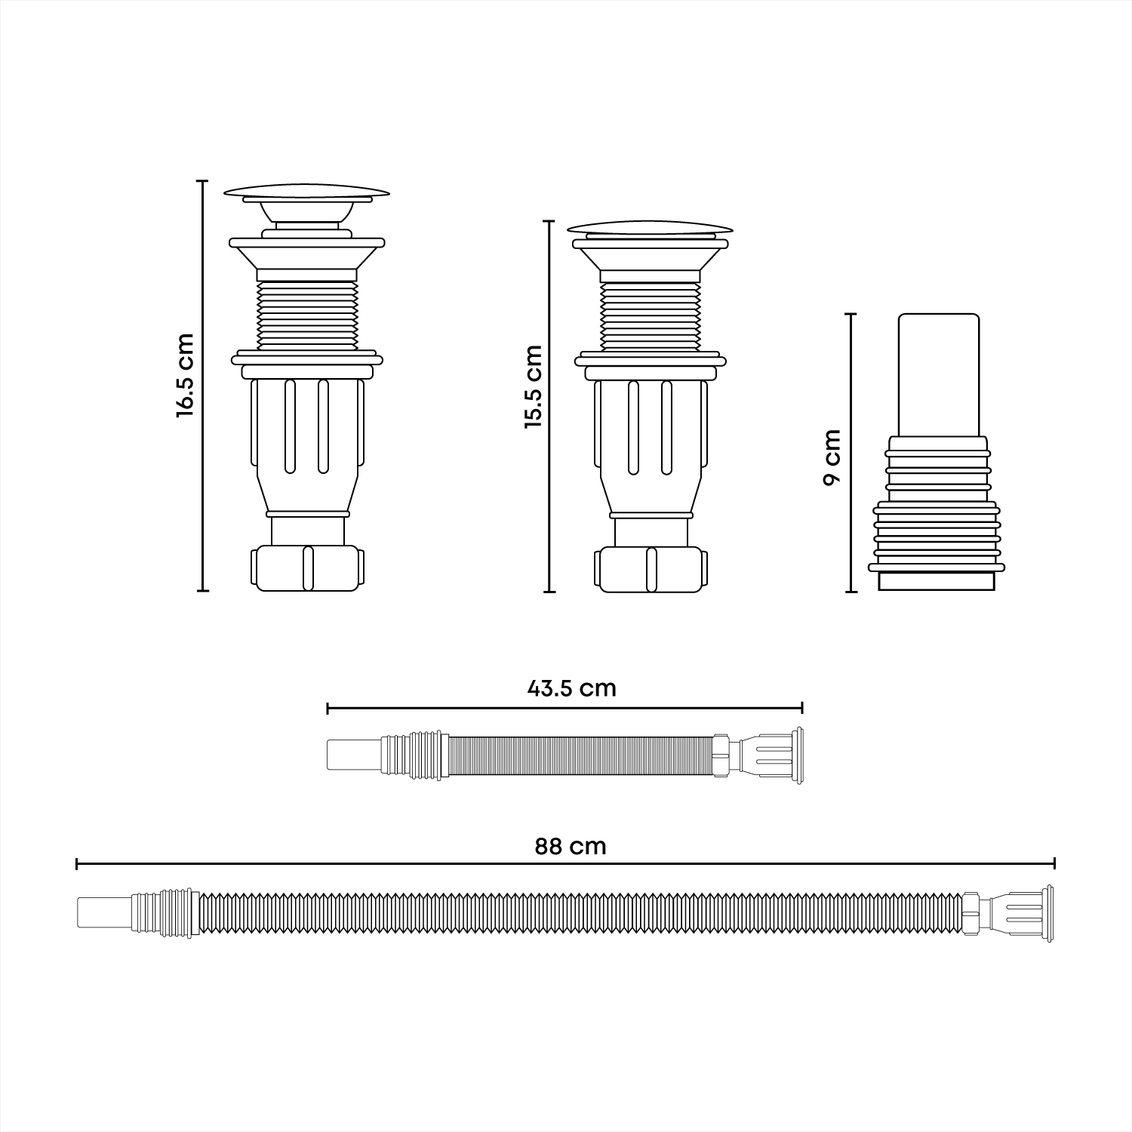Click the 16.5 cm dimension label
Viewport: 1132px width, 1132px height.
click(x=186, y=375)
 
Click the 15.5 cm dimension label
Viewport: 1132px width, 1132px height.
click(x=534, y=386)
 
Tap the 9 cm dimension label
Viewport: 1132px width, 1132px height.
click(x=832, y=457)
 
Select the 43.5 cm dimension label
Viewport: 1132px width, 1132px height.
click(x=571, y=688)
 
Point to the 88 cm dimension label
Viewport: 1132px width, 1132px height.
click(x=571, y=846)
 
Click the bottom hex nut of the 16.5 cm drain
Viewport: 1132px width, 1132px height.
click(x=307, y=568)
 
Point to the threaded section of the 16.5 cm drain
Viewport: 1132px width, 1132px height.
click(x=307, y=316)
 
